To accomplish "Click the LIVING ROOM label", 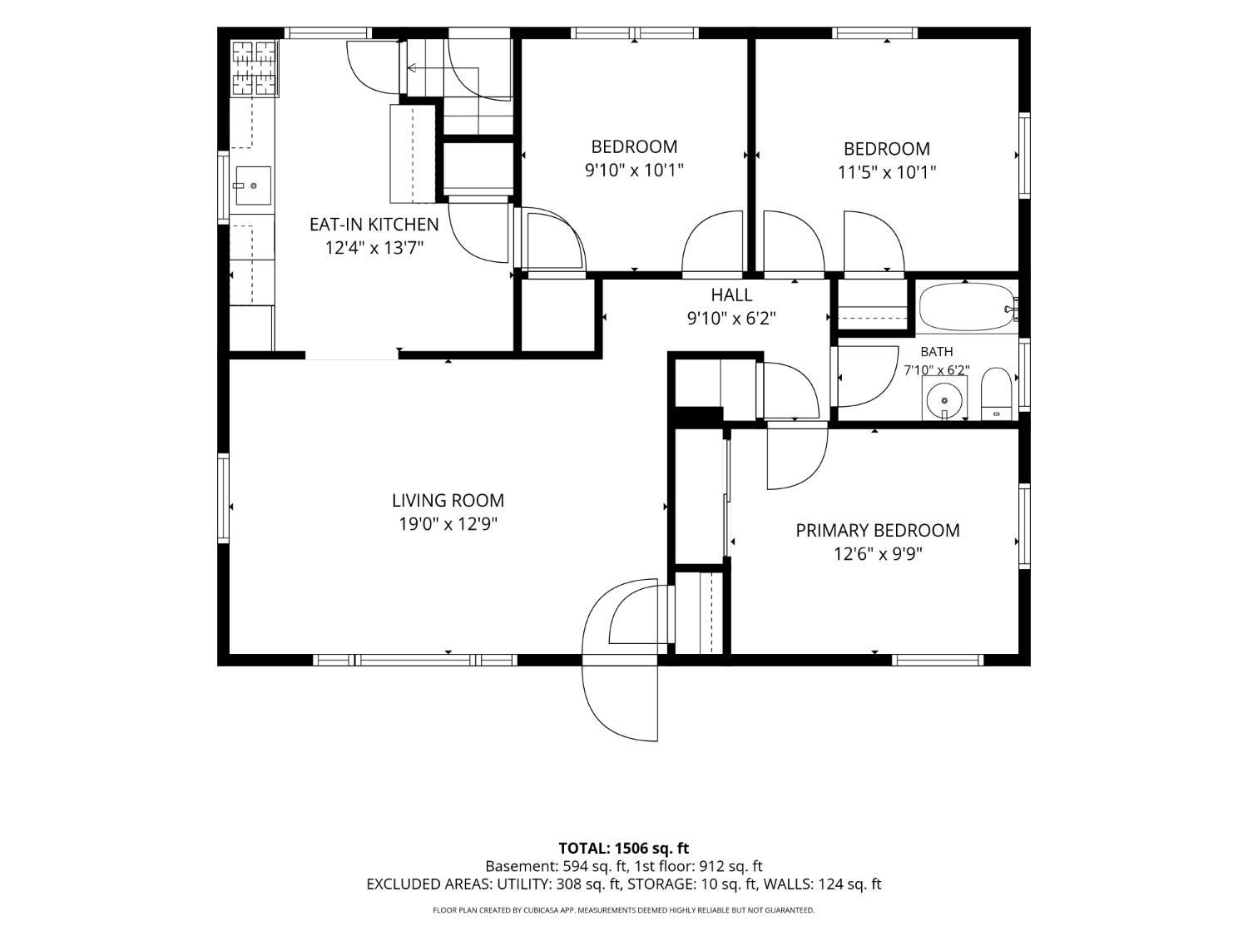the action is (448, 501).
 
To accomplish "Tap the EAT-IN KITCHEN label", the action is (374, 225).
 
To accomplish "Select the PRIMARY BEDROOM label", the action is (877, 530).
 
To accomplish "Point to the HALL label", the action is (731, 295).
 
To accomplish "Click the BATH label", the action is (937, 352).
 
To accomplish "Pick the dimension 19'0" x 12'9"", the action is (448, 524).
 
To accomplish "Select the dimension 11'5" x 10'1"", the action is (886, 172).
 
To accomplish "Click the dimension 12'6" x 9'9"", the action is (877, 553).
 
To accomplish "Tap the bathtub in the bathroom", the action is (966, 307).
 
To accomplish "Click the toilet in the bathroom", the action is (997, 394).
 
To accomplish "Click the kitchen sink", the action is (253, 186).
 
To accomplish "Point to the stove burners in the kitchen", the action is (254, 68).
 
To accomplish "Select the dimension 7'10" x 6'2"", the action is (937, 370).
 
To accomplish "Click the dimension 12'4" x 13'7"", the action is (374, 248).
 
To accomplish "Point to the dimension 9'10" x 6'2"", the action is (731, 319).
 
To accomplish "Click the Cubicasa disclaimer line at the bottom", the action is (624, 910).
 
